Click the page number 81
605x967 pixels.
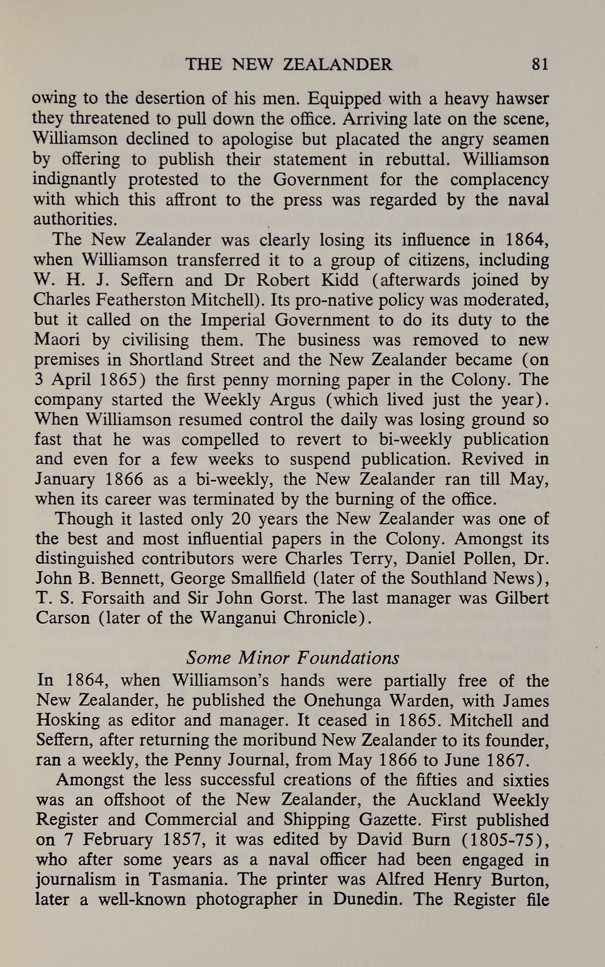[540, 65]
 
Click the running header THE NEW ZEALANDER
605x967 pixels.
[289, 65]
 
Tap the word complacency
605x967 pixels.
[499, 180]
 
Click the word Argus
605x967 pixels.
[292, 400]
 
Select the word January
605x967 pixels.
[65, 479]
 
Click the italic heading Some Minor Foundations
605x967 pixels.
[293, 658]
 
